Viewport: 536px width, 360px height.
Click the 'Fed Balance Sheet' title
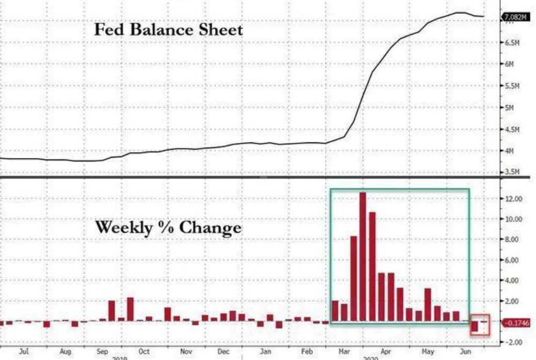click(x=168, y=29)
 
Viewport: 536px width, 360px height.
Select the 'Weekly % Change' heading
click(x=168, y=227)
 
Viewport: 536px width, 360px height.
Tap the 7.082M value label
click(x=515, y=18)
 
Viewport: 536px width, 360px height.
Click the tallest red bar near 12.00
click(x=363, y=256)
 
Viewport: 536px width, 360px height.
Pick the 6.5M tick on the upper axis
click(x=511, y=43)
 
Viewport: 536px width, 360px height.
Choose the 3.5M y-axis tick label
click(x=511, y=172)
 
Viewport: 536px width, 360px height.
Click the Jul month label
click(x=24, y=352)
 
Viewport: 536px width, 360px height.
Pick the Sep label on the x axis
click(x=102, y=352)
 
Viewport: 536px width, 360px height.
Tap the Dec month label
click(x=223, y=352)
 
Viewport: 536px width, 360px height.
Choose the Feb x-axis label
click(x=307, y=352)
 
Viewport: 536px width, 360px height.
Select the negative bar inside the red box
click(x=475, y=326)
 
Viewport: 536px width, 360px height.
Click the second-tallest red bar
click(x=372, y=267)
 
